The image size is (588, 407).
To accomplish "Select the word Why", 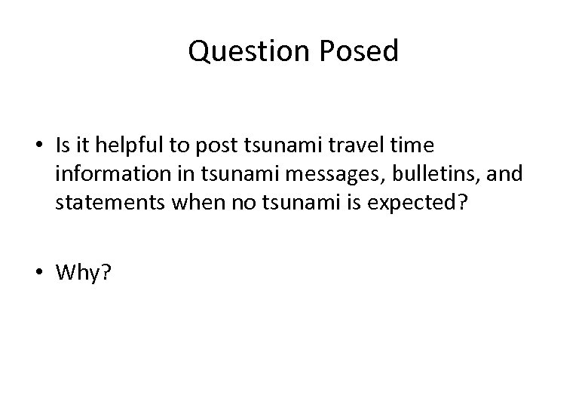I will click(79, 272).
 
